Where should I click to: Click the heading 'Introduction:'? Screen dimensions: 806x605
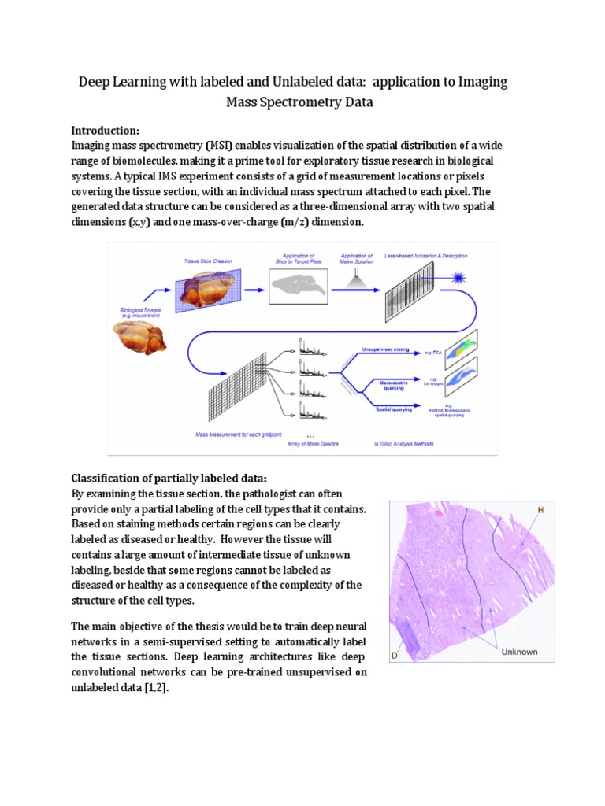click(106, 130)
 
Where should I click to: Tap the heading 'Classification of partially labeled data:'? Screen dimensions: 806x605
click(169, 478)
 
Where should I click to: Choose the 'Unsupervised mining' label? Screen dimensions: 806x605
click(387, 348)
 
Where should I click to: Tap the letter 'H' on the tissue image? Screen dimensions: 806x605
click(540, 510)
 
